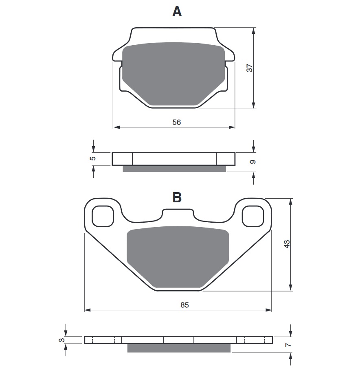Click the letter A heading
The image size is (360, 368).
tap(177, 11)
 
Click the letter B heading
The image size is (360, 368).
tap(177, 197)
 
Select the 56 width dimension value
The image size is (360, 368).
tap(176, 122)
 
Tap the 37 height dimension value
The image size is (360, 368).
tap(250, 68)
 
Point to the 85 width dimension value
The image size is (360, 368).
tap(184, 305)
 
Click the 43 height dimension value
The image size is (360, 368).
tap(287, 244)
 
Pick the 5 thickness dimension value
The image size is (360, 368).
tap(93, 158)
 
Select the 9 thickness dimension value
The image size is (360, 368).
tap(253, 162)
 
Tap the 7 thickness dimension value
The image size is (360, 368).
tap(288, 345)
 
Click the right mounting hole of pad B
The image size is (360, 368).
tap(252, 216)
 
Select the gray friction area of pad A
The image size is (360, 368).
tap(174, 73)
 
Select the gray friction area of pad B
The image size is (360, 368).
tap(178, 256)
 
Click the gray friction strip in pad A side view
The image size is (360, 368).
tap(174, 169)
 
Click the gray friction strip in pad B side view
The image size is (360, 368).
tap(179, 348)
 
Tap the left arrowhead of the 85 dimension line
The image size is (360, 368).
tap(87, 310)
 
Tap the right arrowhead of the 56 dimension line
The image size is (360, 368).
tap(233, 127)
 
